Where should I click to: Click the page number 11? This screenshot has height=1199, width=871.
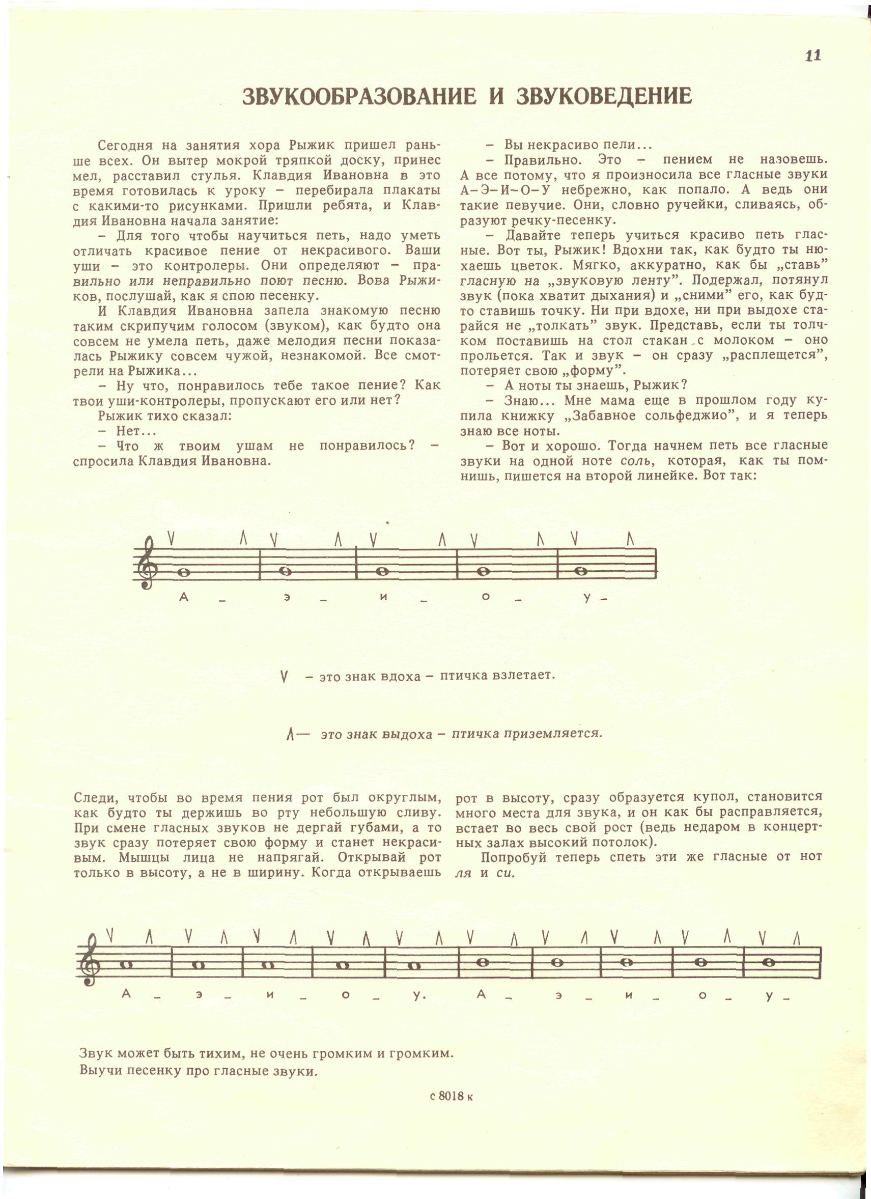coord(813,55)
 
